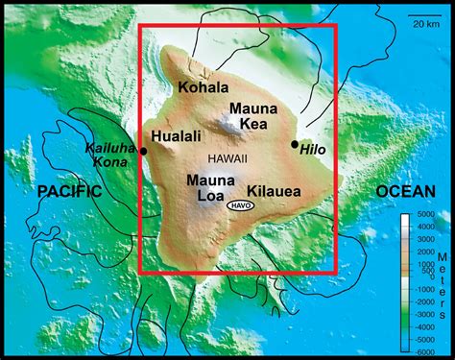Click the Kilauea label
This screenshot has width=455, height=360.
[x=275, y=191]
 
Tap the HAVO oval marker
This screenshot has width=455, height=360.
[x=245, y=205]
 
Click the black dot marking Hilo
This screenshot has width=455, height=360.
[x=295, y=144]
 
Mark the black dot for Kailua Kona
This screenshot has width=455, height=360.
[x=143, y=151]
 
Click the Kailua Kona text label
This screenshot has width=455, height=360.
[x=107, y=155]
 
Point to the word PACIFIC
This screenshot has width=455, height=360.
[x=69, y=192]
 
